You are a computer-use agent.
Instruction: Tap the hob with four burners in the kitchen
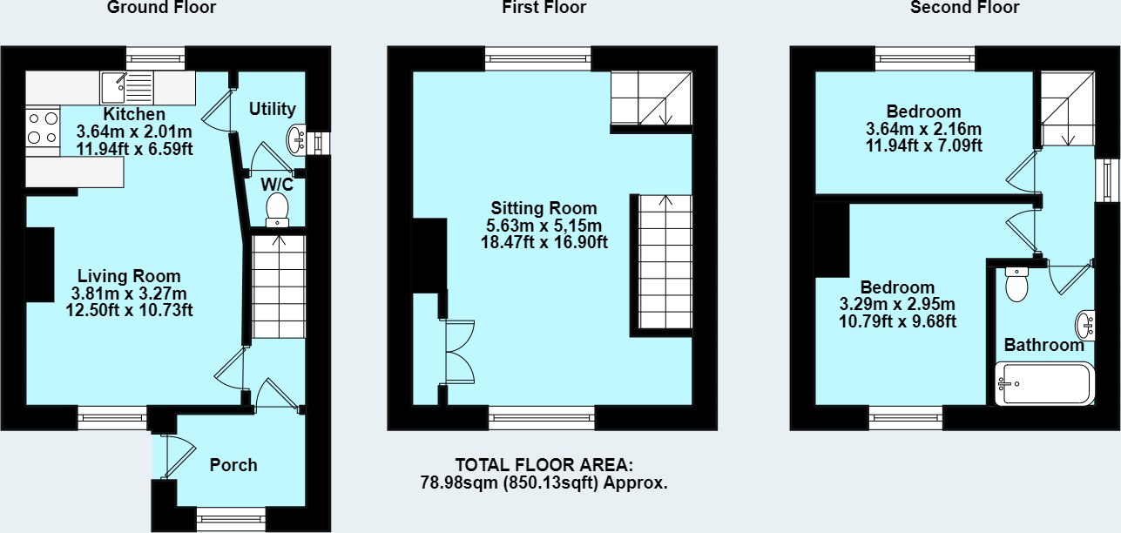click(x=43, y=128)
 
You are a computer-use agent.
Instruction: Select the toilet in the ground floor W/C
click(x=277, y=209)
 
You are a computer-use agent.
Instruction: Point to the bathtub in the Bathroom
click(x=1043, y=383)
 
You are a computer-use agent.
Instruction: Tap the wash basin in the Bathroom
click(x=1085, y=324)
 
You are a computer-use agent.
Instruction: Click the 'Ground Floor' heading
click(x=161, y=8)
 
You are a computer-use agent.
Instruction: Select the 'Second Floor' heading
click(x=964, y=8)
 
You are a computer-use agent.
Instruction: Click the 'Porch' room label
click(x=233, y=465)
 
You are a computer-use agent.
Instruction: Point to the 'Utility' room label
click(x=273, y=109)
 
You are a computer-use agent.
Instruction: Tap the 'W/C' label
click(x=276, y=185)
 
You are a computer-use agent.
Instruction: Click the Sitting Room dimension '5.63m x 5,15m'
click(x=544, y=226)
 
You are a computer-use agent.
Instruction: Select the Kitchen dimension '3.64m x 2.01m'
click(x=134, y=132)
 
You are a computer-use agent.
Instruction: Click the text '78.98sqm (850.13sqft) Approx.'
click(x=544, y=482)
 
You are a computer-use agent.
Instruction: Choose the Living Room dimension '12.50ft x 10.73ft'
click(x=129, y=309)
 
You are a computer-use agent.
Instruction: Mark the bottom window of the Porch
click(x=230, y=520)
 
